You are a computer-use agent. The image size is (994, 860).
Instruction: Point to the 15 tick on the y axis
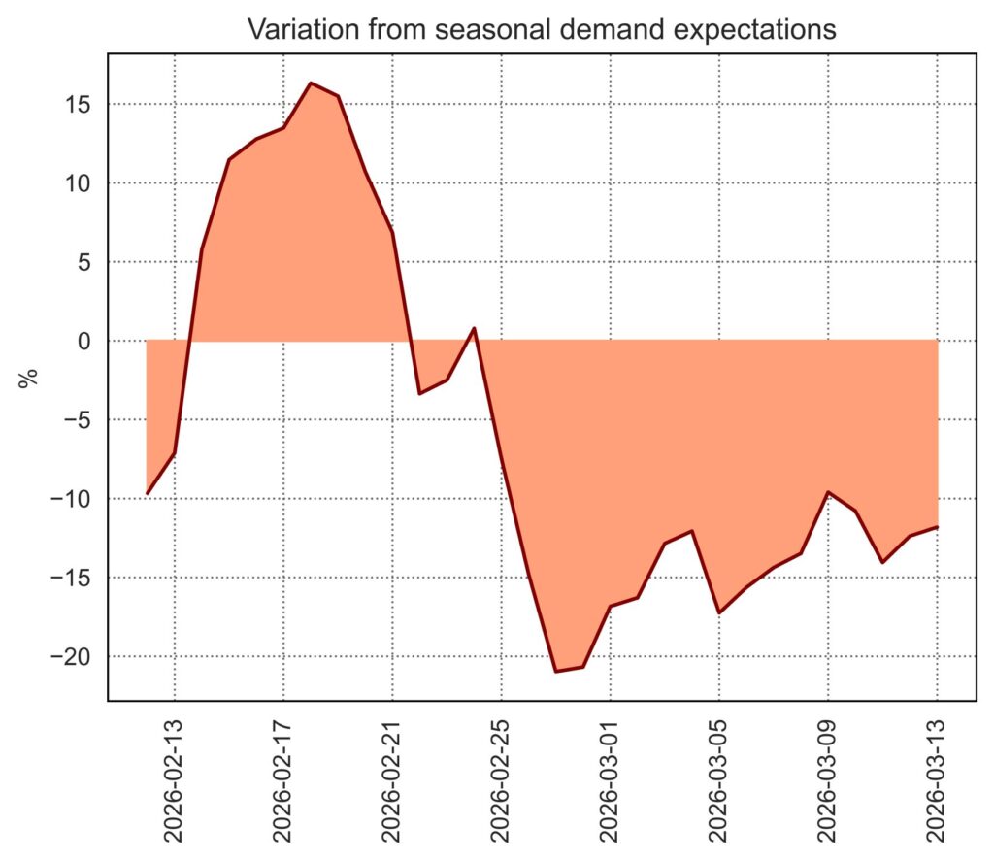[80, 104]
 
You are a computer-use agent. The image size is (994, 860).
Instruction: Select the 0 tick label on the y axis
[86, 341]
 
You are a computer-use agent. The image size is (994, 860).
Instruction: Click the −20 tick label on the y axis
[73, 657]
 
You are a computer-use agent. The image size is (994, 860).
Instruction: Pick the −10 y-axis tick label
[73, 499]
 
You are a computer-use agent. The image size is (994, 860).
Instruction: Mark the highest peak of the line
[311, 83]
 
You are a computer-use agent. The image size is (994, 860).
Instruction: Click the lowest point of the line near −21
[556, 671]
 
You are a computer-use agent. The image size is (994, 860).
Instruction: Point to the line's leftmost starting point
[147, 493]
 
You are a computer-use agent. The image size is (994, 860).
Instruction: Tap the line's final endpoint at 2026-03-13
[938, 527]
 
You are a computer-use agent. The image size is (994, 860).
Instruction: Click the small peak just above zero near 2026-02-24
[474, 328]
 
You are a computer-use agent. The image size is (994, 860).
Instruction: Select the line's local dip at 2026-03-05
[719, 612]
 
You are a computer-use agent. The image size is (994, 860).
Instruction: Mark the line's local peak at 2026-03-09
[828, 492]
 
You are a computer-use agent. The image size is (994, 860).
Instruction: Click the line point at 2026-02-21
[392, 231]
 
